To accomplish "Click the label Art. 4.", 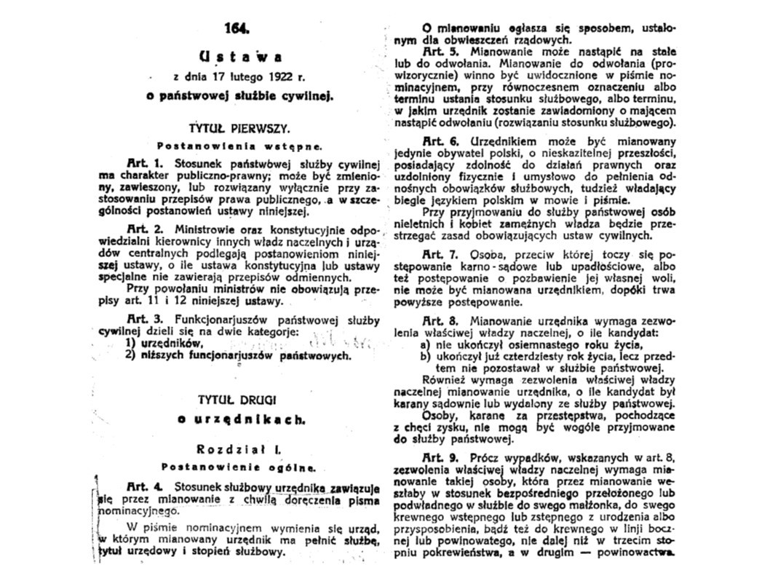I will pyautogui.click(x=142, y=486).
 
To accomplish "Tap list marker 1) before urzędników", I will pyautogui.click(x=130, y=343).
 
